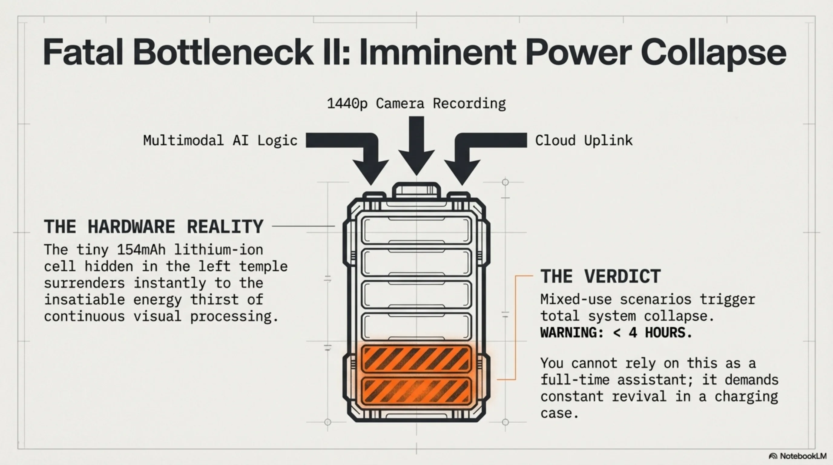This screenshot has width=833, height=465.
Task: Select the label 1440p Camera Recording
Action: [416, 104]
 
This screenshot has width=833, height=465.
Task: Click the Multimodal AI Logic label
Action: [220, 140]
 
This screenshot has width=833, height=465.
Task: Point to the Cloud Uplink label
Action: [584, 140]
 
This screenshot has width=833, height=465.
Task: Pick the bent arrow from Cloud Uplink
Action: [475, 152]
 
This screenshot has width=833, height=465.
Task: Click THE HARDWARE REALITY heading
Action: [153, 226]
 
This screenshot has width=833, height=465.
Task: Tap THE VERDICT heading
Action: [601, 276]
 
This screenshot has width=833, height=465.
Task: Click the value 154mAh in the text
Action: [141, 250]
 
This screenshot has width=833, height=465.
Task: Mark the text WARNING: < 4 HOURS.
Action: [616, 333]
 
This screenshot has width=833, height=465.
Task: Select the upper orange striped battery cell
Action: [416, 359]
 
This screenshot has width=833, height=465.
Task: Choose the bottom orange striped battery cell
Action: [416, 391]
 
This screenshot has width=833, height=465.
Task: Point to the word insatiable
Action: [84, 299]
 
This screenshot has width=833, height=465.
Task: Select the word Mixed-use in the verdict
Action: [576, 299]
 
